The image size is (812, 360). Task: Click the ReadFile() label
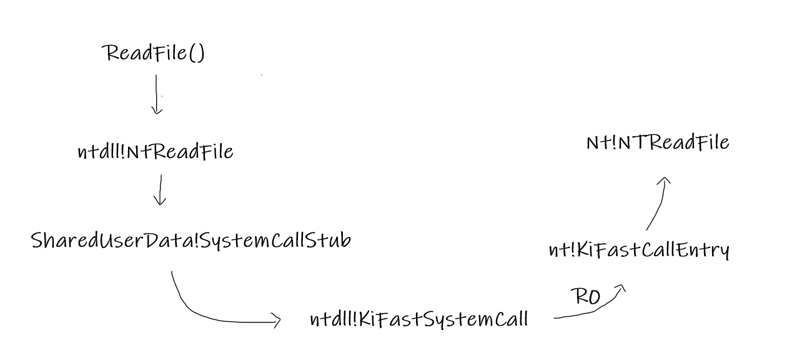(154, 53)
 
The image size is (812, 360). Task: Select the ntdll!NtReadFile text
(156, 151)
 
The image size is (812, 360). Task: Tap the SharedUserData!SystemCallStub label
(191, 241)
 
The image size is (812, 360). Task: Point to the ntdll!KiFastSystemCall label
(419, 319)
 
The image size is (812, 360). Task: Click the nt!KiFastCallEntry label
(638, 250)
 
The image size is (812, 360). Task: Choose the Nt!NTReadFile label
(658, 142)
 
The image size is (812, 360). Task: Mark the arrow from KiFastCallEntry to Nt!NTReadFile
(657, 203)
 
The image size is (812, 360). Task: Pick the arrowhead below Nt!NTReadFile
(665, 181)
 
